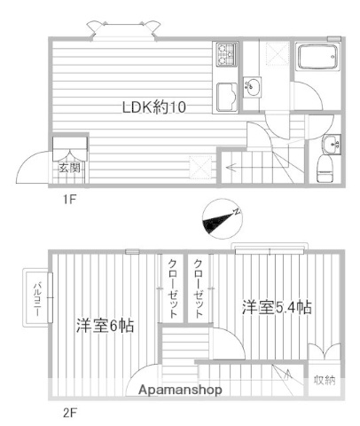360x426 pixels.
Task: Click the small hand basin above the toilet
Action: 332,144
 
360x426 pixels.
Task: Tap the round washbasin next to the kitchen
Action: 253,87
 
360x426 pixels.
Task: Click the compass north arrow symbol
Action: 222,218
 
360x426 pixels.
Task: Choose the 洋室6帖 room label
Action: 105,325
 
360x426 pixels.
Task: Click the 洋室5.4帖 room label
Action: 277,308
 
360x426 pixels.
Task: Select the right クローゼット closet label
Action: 199,289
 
